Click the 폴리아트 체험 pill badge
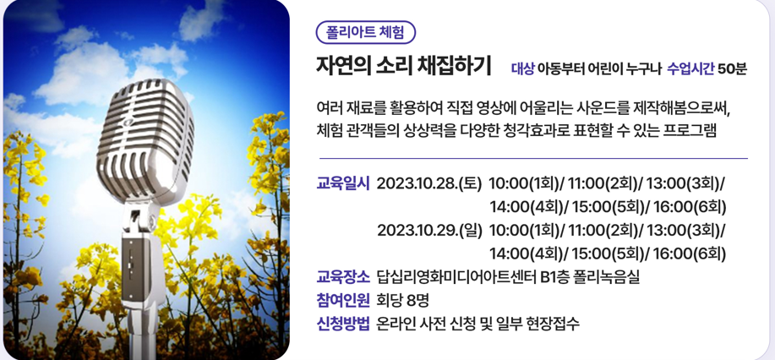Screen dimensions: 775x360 click(366, 33)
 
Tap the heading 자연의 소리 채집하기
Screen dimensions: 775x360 click(403, 66)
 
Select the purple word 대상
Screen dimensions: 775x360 click(522, 68)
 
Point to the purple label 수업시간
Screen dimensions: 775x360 click(690, 68)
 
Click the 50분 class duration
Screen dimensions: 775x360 click(732, 68)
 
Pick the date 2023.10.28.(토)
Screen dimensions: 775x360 click(429, 183)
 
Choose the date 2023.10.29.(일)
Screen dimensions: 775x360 click(429, 231)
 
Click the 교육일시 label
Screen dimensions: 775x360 click(343, 183)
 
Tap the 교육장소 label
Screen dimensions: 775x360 click(343, 277)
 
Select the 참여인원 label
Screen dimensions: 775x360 click(343, 300)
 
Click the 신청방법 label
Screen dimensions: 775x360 click(343, 324)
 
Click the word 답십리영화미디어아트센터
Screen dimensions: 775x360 click(456, 277)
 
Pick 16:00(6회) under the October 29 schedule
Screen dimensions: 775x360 click(690, 254)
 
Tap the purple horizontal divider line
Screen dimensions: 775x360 click(533, 159)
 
